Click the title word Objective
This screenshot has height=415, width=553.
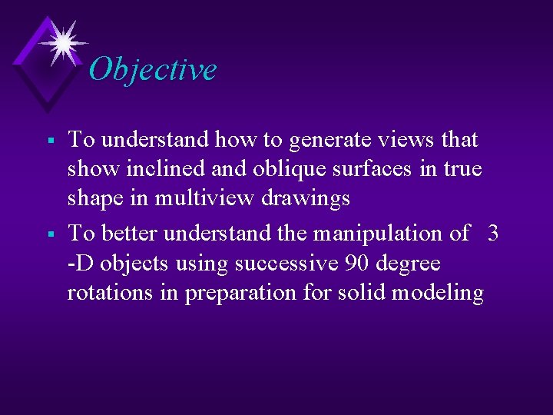[153, 69]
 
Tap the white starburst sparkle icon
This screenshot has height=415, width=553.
[63, 41]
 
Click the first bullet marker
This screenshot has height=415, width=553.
[49, 141]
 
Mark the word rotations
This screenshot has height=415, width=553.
[112, 293]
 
